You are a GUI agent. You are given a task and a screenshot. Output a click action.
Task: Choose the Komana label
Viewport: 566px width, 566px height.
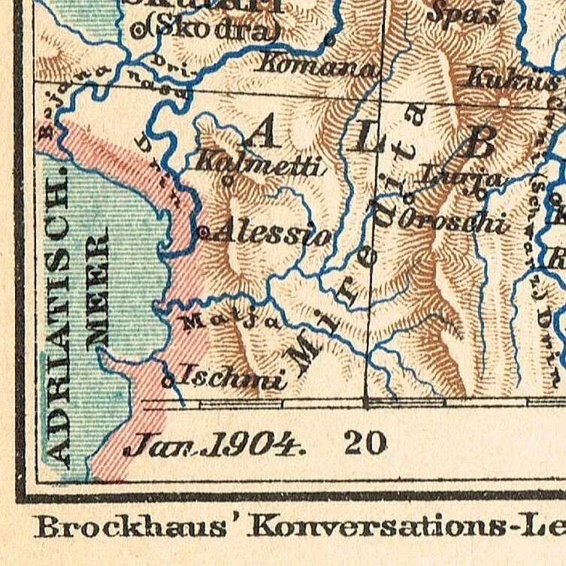click(316, 66)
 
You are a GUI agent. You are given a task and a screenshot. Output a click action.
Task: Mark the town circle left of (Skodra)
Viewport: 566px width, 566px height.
click(137, 31)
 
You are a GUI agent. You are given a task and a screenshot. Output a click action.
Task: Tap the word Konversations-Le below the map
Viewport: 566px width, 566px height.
click(406, 526)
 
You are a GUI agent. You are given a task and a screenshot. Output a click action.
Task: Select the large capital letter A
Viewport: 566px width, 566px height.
click(261, 134)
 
